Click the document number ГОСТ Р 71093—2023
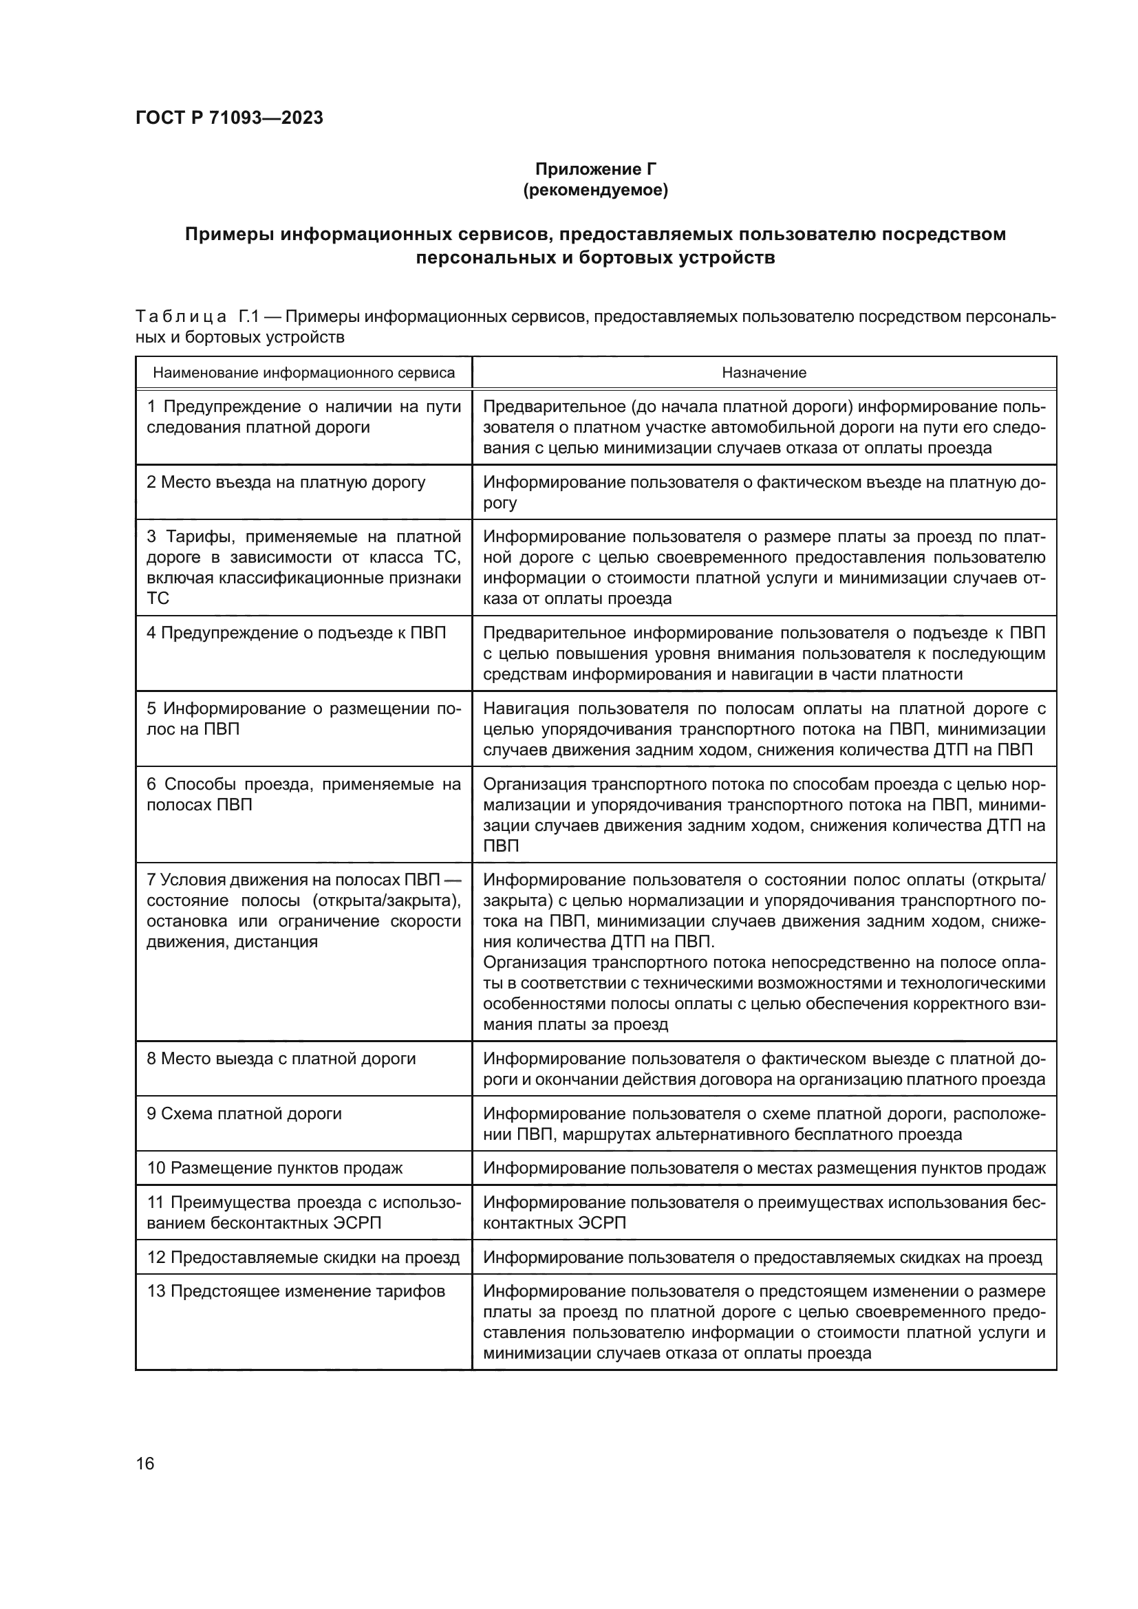(229, 118)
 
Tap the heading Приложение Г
(596, 169)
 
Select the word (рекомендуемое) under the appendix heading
(596, 190)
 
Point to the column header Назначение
(764, 373)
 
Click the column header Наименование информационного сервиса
(303, 373)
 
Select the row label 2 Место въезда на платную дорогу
(286, 482)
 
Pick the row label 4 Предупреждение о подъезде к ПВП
(296, 633)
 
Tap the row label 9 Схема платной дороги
(244, 1114)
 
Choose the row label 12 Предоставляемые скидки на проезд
(303, 1257)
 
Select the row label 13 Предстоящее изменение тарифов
(296, 1291)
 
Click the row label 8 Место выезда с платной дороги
(281, 1059)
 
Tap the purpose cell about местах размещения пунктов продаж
(764, 1168)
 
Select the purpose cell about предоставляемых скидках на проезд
(762, 1257)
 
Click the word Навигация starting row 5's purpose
(524, 709)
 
